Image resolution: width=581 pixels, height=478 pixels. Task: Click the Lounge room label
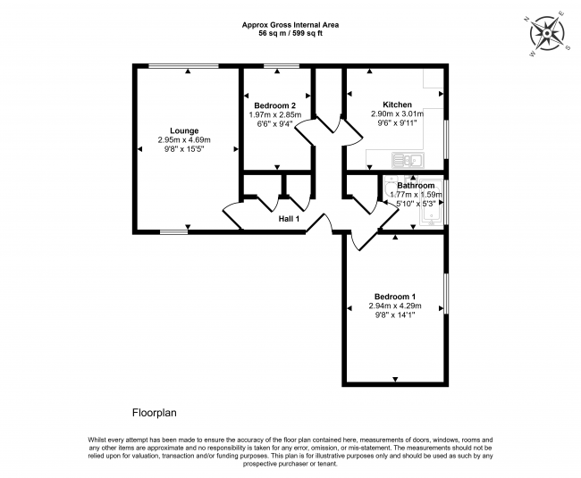coord(184,130)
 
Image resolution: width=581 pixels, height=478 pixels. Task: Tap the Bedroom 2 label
coord(275,105)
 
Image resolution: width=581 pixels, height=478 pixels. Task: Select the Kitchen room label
coord(397,105)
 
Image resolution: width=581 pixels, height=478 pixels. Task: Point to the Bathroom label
coord(416,185)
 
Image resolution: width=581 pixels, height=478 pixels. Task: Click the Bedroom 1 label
coord(395,297)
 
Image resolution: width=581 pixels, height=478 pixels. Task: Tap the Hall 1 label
coord(289,219)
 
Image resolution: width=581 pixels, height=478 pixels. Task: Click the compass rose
coord(547,34)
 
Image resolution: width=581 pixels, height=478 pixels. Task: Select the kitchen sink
coord(408,160)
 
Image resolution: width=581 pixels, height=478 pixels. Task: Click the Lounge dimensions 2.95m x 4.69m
coord(184,140)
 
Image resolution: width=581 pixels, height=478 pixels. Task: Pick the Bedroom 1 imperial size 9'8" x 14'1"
coord(395,315)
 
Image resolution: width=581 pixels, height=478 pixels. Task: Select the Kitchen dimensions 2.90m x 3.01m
coord(397,113)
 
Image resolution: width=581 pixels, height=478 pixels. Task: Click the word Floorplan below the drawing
coord(154,413)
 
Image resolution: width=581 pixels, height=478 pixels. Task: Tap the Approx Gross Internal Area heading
coord(290,25)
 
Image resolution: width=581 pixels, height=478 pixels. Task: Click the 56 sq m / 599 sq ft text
coord(290,33)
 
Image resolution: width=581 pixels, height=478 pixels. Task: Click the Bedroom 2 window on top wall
coord(282,66)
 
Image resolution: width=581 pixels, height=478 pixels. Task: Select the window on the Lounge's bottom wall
coord(173,232)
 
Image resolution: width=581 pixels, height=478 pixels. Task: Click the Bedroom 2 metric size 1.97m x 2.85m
coord(275,114)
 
